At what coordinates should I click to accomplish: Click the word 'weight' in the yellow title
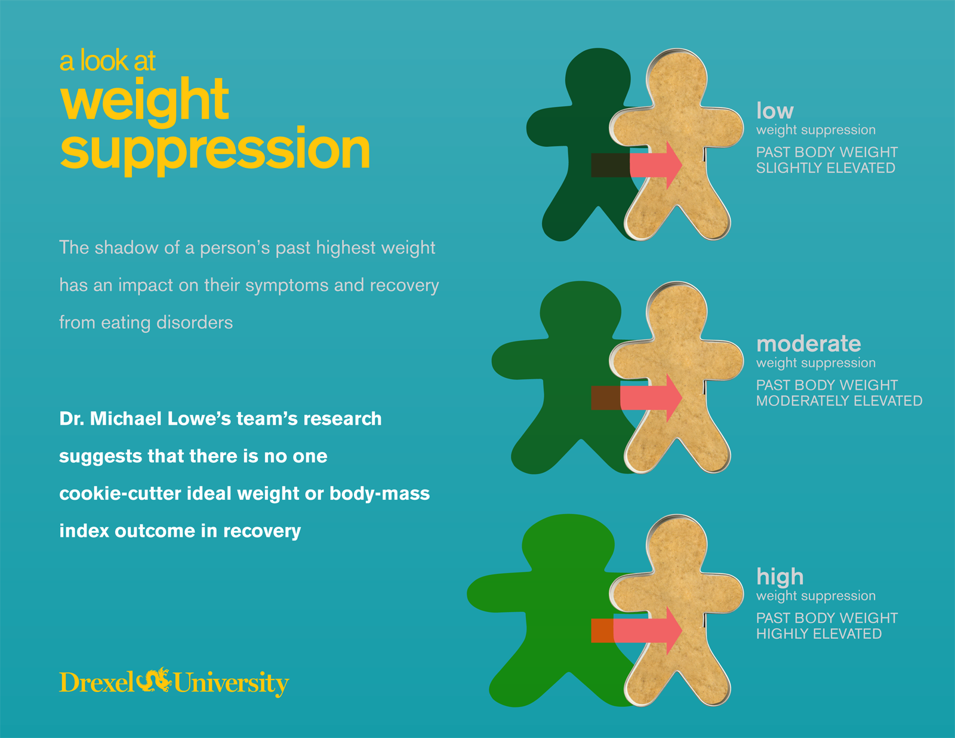point(144,100)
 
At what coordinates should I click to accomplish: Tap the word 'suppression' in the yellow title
point(215,149)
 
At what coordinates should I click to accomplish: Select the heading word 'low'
point(775,111)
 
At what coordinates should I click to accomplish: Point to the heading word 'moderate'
point(808,344)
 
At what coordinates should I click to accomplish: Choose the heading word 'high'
point(780,577)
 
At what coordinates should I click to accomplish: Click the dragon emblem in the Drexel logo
point(154,681)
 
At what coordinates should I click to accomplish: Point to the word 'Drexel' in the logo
point(97,682)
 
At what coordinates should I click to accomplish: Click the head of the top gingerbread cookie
point(677,76)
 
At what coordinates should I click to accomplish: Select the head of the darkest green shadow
point(597,76)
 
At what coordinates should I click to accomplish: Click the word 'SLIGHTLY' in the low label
point(786,168)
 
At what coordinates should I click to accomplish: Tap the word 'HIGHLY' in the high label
point(781,634)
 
